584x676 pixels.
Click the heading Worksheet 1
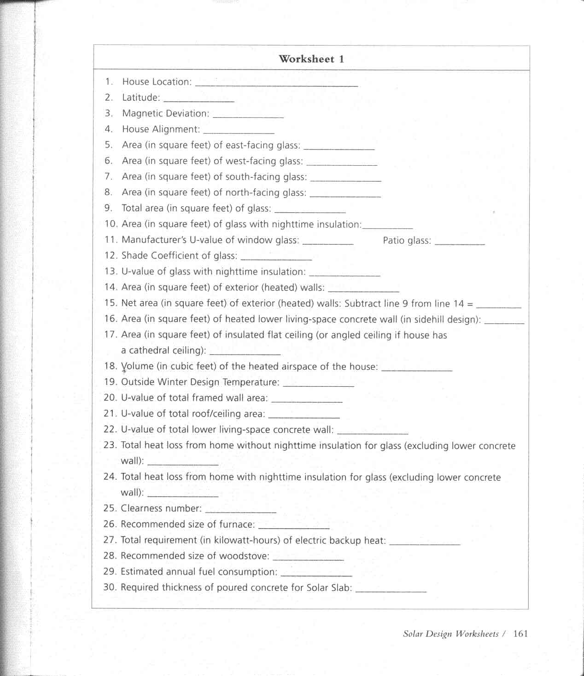coord(311,59)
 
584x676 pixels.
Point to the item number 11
coord(111,240)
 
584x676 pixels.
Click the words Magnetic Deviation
coord(165,113)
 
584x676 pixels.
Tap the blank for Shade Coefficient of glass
coord(276,257)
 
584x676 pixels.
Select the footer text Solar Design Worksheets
coord(450,634)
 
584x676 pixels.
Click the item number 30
coord(110,587)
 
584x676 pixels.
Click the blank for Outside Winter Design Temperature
coord(318,384)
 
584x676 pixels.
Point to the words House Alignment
coord(161,129)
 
